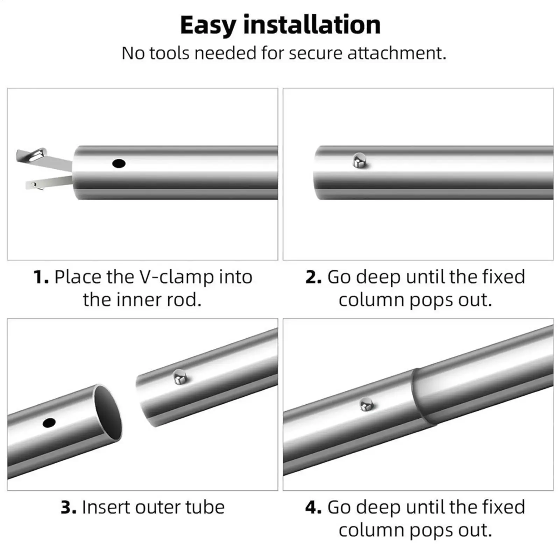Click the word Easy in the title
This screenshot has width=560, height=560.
tap(208, 26)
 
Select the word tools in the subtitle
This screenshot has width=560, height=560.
tap(169, 54)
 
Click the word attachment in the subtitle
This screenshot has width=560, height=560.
tap(397, 54)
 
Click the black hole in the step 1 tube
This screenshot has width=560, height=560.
tap(119, 163)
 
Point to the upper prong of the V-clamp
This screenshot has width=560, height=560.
tap(44, 158)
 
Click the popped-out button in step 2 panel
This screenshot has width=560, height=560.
tap(360, 161)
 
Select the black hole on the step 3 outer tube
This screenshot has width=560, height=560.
tap(49, 423)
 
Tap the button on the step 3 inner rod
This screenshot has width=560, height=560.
tap(180, 377)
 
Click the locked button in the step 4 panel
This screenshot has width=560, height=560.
tap(367, 405)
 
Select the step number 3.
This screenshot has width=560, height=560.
tap(69, 508)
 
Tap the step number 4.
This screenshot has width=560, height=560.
tap(313, 508)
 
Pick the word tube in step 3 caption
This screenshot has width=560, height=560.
tap(205, 508)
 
